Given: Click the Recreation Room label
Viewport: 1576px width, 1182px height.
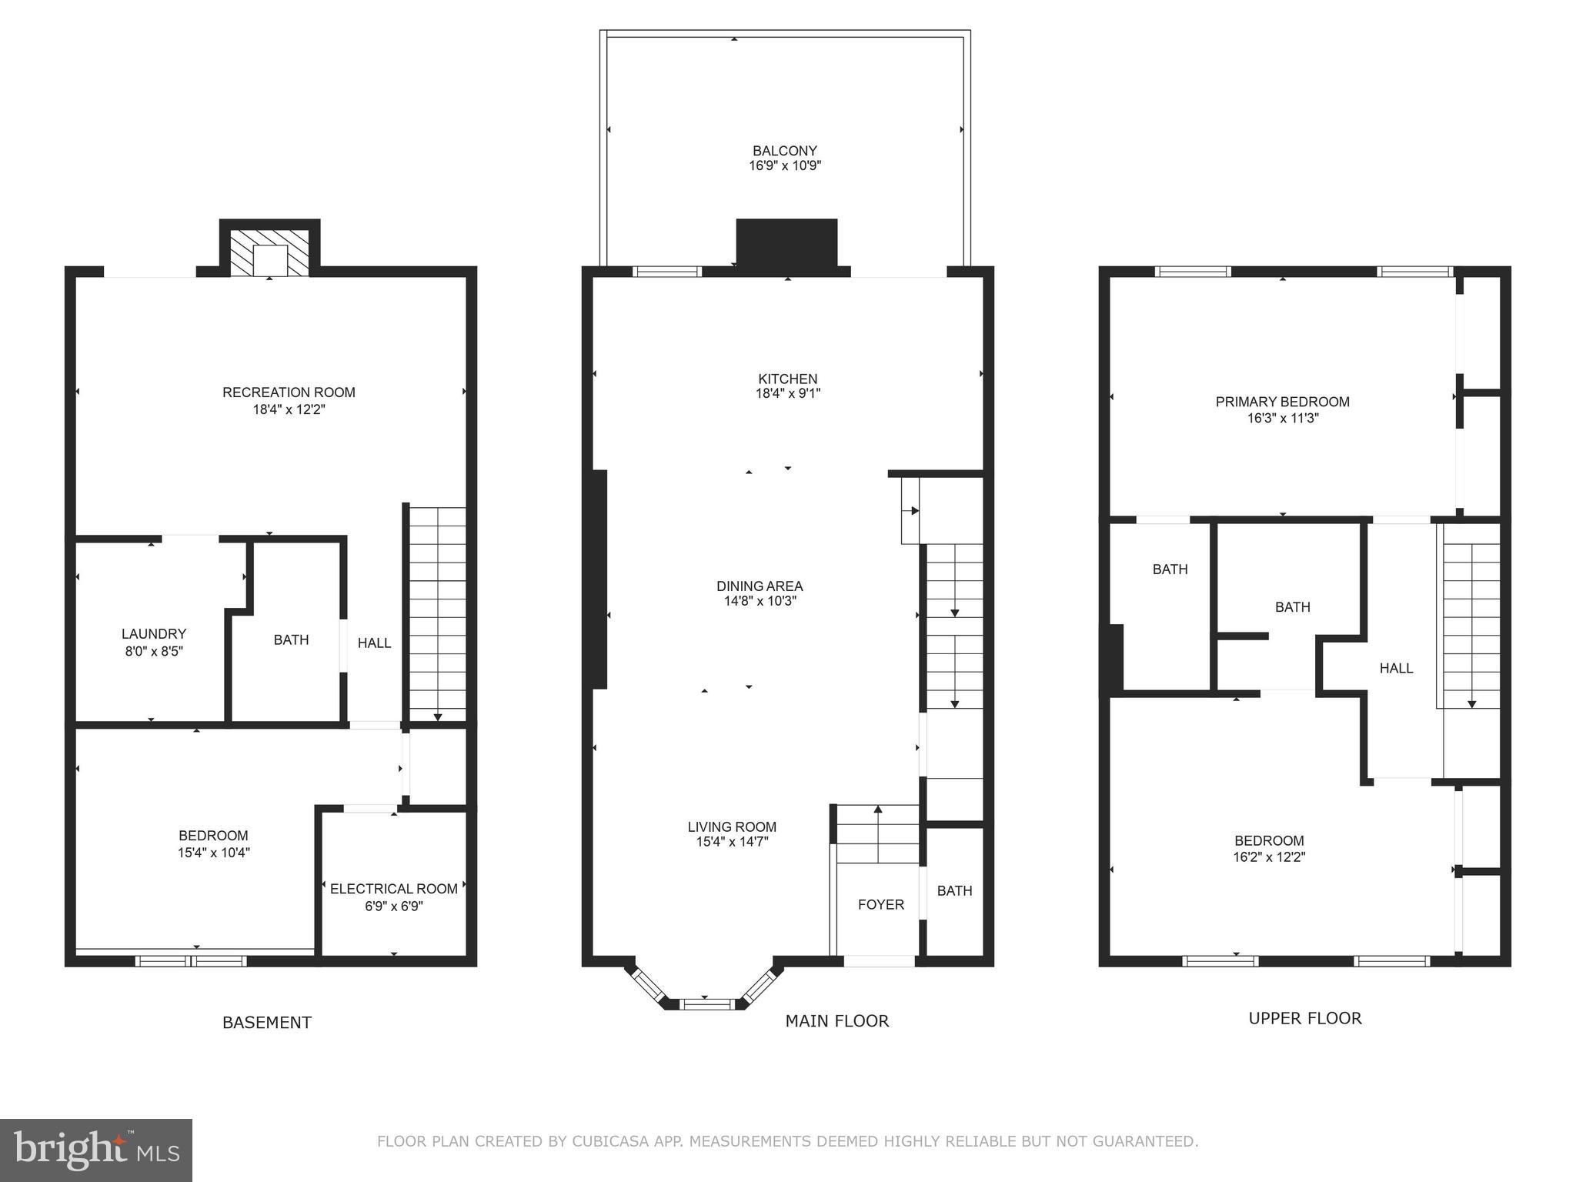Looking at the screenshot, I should (x=289, y=392).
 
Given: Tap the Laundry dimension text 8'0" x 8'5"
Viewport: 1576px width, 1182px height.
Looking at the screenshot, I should (x=153, y=651).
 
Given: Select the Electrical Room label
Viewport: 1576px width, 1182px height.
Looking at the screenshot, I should (x=393, y=889).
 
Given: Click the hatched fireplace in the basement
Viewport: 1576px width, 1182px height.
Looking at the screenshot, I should (x=269, y=252).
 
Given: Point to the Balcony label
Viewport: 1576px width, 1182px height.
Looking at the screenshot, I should (x=784, y=151).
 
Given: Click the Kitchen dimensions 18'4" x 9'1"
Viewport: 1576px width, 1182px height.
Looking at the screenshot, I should (x=787, y=394).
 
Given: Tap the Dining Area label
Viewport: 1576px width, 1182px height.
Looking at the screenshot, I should (x=760, y=586).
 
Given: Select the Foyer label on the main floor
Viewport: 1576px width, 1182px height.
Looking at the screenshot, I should (x=880, y=905).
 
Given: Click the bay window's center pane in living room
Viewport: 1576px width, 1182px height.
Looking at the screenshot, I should (x=709, y=1003).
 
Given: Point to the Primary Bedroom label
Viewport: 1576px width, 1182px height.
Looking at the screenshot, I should (x=1282, y=402).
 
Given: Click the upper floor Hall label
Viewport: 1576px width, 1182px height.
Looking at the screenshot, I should (x=1396, y=669).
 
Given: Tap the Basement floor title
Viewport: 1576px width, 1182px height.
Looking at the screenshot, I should (x=266, y=1023).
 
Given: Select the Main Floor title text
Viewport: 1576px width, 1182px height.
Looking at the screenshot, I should (x=836, y=1021).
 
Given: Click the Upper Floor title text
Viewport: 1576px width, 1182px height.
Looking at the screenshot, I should (x=1304, y=1019).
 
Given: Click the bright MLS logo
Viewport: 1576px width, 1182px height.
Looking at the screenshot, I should (x=95, y=1150).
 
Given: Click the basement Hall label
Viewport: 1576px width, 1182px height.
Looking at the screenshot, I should (x=374, y=643).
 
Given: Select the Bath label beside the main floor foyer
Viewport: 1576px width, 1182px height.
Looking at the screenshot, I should (x=954, y=891).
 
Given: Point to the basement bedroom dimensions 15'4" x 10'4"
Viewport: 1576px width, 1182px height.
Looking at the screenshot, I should (x=213, y=853).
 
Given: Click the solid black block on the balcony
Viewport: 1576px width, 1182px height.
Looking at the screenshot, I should (x=786, y=242).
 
